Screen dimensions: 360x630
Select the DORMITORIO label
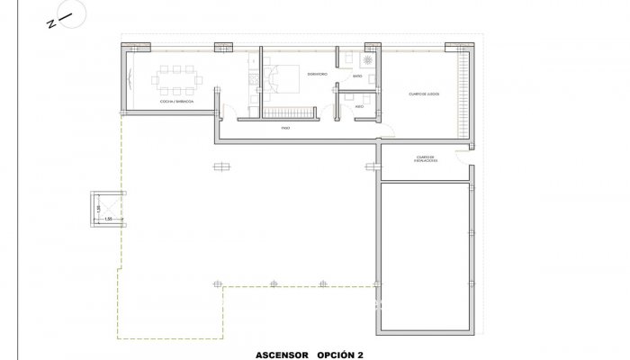point(316,73)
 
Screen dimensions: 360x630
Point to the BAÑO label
point(357,77)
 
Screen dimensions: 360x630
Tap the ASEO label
point(358,105)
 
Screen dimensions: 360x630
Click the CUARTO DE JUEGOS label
point(422,93)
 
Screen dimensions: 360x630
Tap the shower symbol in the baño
point(367,60)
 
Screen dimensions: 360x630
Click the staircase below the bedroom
point(289,113)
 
